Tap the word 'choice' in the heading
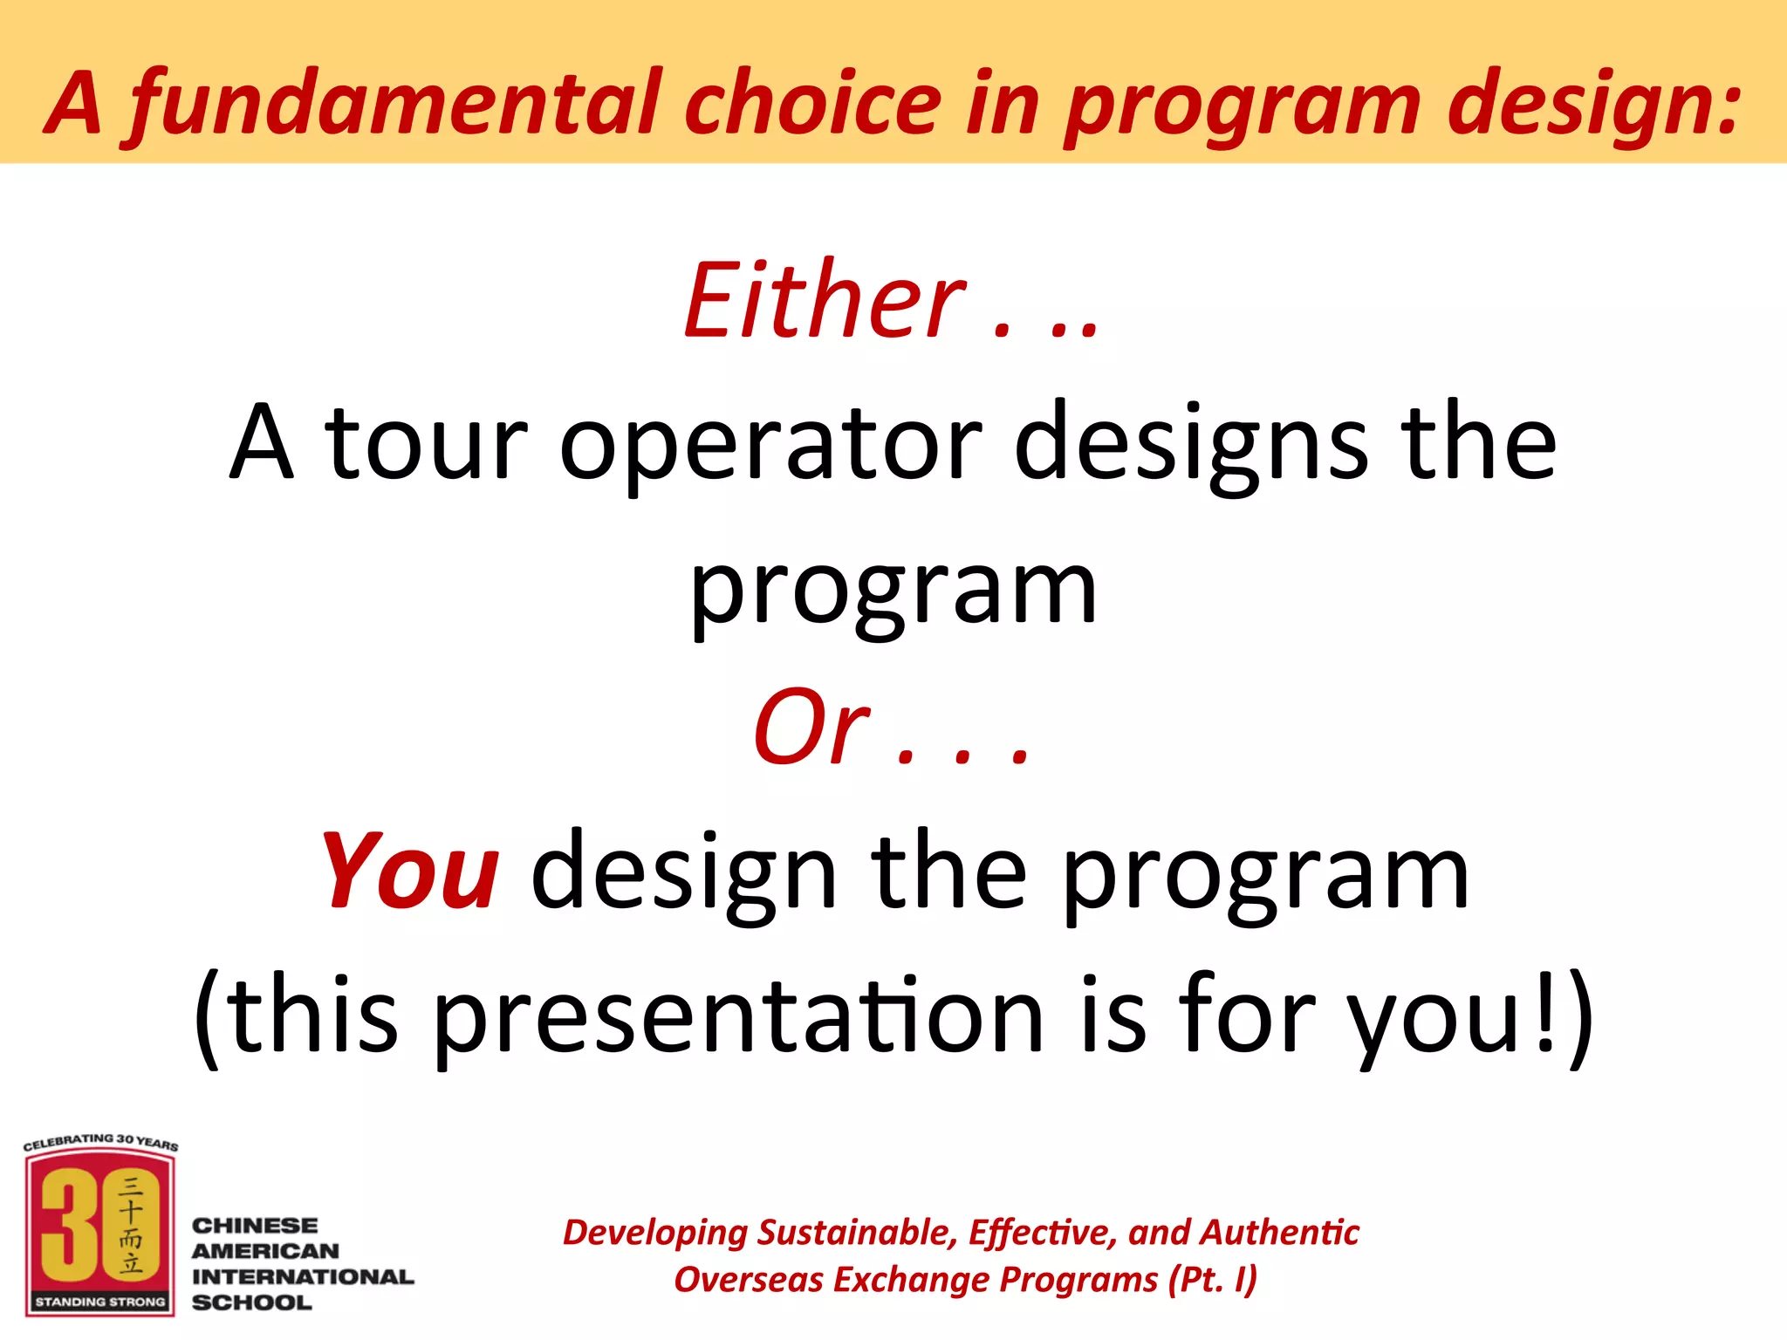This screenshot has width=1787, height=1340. [811, 105]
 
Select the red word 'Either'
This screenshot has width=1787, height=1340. [824, 302]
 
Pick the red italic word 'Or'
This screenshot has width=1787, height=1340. [811, 729]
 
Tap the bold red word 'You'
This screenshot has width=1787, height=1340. [410, 872]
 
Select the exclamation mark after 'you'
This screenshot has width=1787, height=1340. [1544, 1012]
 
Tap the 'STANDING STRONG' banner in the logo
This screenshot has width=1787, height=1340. [99, 1302]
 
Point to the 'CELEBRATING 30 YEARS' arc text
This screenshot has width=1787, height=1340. [100, 1141]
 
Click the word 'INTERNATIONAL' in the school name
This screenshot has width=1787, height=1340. [303, 1276]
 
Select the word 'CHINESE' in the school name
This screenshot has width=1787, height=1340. [255, 1226]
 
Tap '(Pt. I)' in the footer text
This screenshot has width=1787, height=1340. [1213, 1280]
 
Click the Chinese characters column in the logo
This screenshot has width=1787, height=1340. [131, 1225]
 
